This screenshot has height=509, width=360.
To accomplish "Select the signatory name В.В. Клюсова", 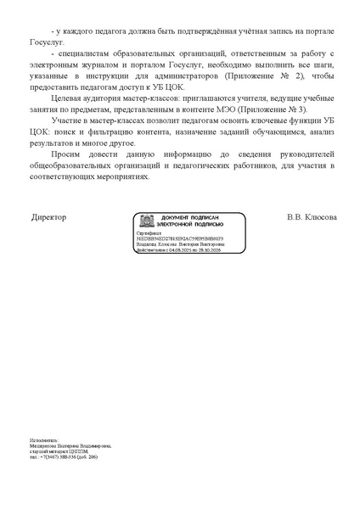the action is click(x=312, y=217).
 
